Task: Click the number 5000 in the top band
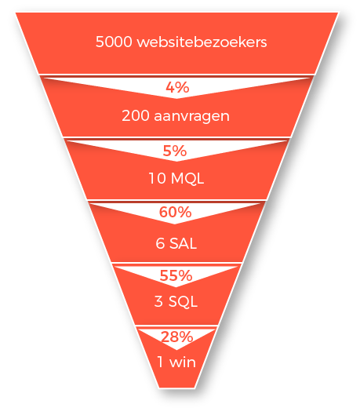point(114,42)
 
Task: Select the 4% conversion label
point(177,87)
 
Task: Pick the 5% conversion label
point(175,151)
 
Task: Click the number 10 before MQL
point(158,179)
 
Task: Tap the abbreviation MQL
point(187,179)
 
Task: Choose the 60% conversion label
point(175,212)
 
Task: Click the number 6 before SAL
point(160,243)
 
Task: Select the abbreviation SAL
point(183,243)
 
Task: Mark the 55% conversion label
point(176,275)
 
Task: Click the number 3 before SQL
point(158,301)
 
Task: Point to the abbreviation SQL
point(183,301)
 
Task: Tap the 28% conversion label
point(176,337)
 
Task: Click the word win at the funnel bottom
point(183,362)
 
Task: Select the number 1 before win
point(161,362)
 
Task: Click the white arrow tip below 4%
point(176,98)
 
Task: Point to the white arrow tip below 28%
point(176,349)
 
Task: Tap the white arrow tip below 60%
point(175,224)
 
